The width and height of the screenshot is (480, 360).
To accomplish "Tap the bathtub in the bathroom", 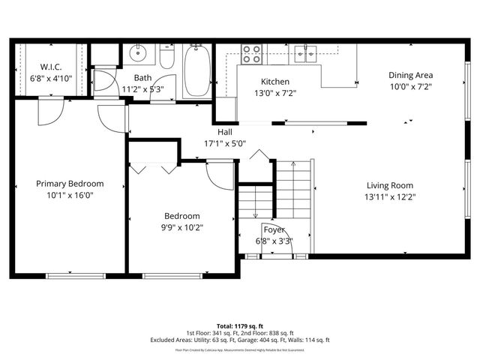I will (x=197, y=71).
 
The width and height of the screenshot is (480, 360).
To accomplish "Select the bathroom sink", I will (x=138, y=54).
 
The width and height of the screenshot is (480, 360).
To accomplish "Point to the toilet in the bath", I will (x=166, y=58).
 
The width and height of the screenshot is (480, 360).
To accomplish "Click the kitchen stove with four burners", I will (x=251, y=53).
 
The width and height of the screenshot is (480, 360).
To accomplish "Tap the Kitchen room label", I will (x=275, y=82).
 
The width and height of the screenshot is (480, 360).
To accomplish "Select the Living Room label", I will (x=389, y=185).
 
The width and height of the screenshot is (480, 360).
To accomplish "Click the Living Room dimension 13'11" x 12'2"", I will (x=389, y=197).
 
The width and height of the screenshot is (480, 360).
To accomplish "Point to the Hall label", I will (x=225, y=131).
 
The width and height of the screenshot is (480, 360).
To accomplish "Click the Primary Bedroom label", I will (x=70, y=183).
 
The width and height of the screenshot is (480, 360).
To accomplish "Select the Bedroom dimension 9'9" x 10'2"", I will (x=182, y=226).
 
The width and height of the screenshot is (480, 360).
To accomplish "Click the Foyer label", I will (x=273, y=229).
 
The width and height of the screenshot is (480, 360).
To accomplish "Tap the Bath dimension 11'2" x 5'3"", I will (x=142, y=89).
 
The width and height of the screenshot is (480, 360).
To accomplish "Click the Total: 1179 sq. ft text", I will (x=239, y=326).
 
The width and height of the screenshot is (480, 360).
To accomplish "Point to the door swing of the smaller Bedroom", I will (x=221, y=177).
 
